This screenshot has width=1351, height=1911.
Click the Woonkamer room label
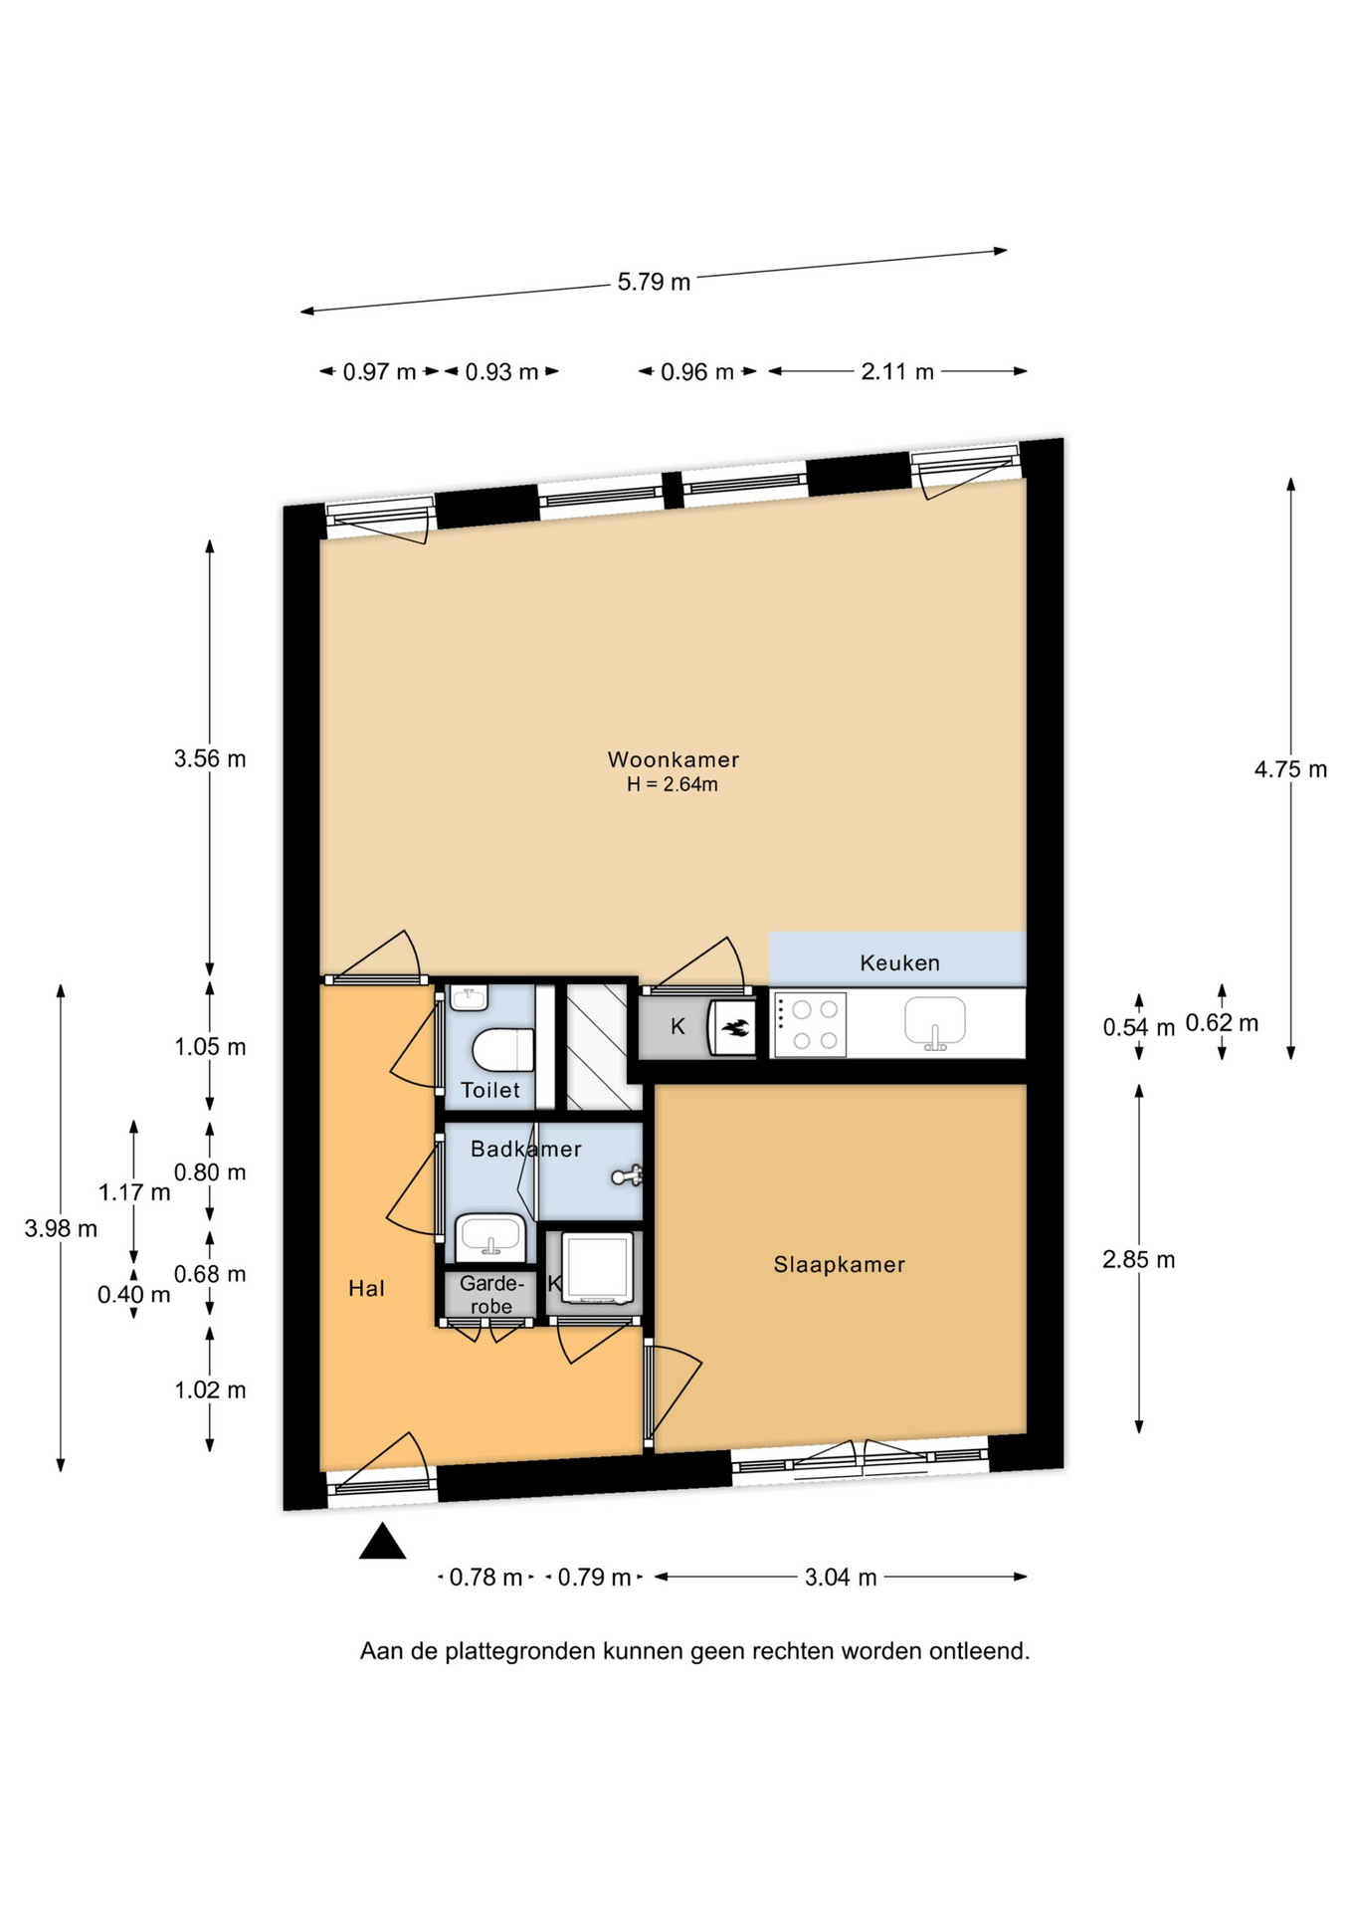pos(674,759)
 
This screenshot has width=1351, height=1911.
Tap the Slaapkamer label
pos(840,1264)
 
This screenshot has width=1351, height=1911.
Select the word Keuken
pos(899,962)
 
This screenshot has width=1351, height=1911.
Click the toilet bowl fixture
pos(503,1049)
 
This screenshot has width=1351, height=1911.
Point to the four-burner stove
pos(810,1024)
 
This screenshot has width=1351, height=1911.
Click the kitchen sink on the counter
pos(934,1023)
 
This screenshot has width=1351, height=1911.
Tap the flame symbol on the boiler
pos(735,1028)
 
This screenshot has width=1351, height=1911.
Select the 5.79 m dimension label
pos(654,282)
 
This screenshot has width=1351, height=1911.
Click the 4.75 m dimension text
pos(1290,768)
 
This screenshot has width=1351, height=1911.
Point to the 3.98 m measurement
pos(61,1228)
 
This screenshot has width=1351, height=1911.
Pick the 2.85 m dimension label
pos(1138,1259)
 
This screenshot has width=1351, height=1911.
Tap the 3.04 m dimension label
pos(841,1577)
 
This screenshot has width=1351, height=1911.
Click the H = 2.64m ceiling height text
pos(673,784)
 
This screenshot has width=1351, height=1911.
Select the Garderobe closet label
pos(491,1295)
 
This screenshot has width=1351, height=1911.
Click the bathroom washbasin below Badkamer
pos(490,1236)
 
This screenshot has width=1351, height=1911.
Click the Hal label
pos(366,1289)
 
